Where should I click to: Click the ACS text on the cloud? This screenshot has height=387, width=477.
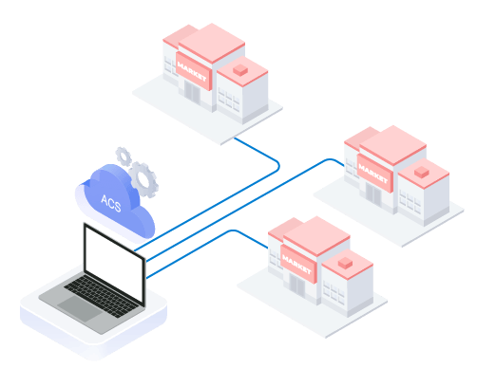click(x=111, y=203)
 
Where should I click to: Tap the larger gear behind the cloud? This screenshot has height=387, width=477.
click(x=144, y=179)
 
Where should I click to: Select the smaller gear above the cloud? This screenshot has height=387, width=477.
click(x=124, y=157)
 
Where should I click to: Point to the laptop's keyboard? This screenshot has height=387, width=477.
click(x=102, y=296)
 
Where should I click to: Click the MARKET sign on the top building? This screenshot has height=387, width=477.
click(x=193, y=71)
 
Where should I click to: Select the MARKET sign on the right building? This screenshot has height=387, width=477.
click(x=374, y=174)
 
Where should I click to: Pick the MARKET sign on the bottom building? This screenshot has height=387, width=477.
click(x=298, y=265)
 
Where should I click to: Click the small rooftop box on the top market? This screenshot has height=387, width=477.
click(x=240, y=70)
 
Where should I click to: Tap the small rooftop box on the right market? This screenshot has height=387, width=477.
click(x=422, y=172)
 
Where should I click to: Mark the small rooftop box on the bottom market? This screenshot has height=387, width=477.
click(x=345, y=263)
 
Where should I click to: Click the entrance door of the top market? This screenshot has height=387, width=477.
click(x=192, y=92)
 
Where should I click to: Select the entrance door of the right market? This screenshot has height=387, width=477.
click(x=373, y=193)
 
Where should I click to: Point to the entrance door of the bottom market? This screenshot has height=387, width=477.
click(x=297, y=285)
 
